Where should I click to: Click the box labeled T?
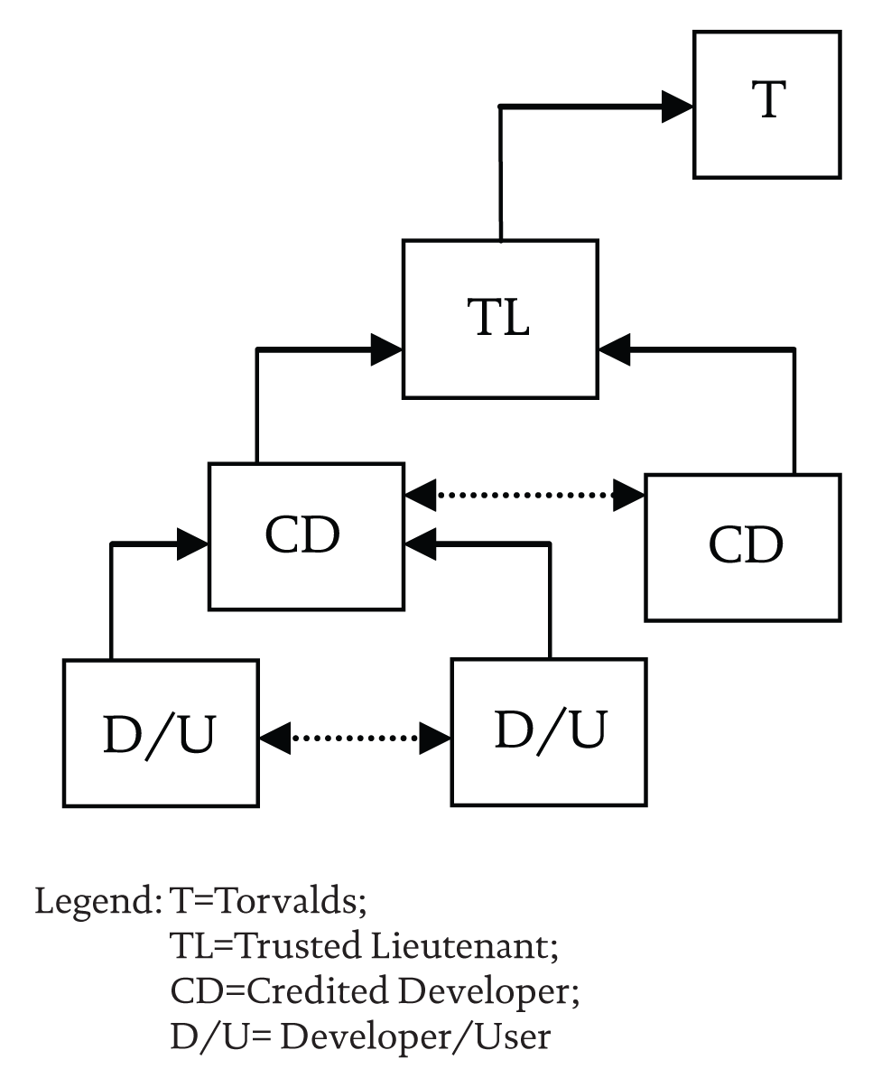click(x=767, y=105)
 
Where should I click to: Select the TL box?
click(x=500, y=319)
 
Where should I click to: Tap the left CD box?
click(x=306, y=536)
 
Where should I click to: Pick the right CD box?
click(x=743, y=547)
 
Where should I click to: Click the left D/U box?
click(x=161, y=732)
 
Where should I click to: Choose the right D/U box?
click(x=549, y=731)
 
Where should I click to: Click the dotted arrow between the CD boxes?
click(x=525, y=494)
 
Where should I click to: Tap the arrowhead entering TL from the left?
click(x=386, y=348)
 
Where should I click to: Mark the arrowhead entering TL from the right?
click(x=614, y=348)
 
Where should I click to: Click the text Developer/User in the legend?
click(x=414, y=1036)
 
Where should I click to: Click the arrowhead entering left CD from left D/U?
click(x=193, y=543)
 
